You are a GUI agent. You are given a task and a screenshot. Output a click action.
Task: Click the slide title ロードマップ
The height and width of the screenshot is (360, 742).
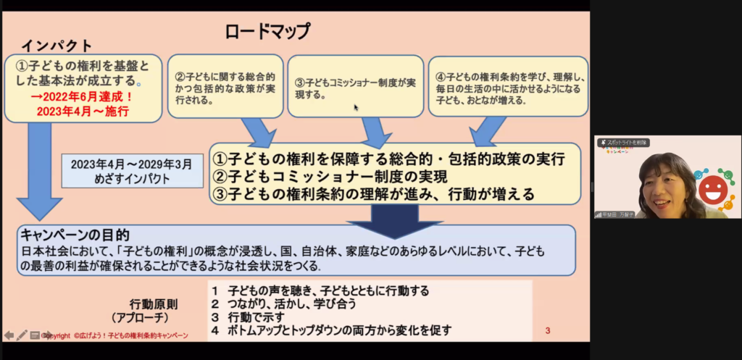pos(267,31)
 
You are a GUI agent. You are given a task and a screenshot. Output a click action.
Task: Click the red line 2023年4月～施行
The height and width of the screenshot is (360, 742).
pos(82,112)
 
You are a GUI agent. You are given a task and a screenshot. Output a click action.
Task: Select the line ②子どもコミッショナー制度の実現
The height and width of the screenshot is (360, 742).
pos(329,176)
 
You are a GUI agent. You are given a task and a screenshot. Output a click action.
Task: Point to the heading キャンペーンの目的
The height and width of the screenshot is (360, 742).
pos(75,235)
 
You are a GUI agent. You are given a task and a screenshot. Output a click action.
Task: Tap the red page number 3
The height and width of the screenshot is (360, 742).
pos(548,332)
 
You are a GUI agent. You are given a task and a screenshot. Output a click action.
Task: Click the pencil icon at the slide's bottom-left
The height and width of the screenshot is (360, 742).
pos(22,335)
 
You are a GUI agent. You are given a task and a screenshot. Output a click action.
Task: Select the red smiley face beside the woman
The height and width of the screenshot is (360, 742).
pos(712,189)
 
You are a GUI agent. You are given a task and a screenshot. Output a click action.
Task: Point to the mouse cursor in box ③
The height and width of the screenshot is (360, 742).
pos(355,107)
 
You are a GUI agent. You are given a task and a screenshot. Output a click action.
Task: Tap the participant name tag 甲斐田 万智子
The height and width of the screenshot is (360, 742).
pos(615,214)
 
